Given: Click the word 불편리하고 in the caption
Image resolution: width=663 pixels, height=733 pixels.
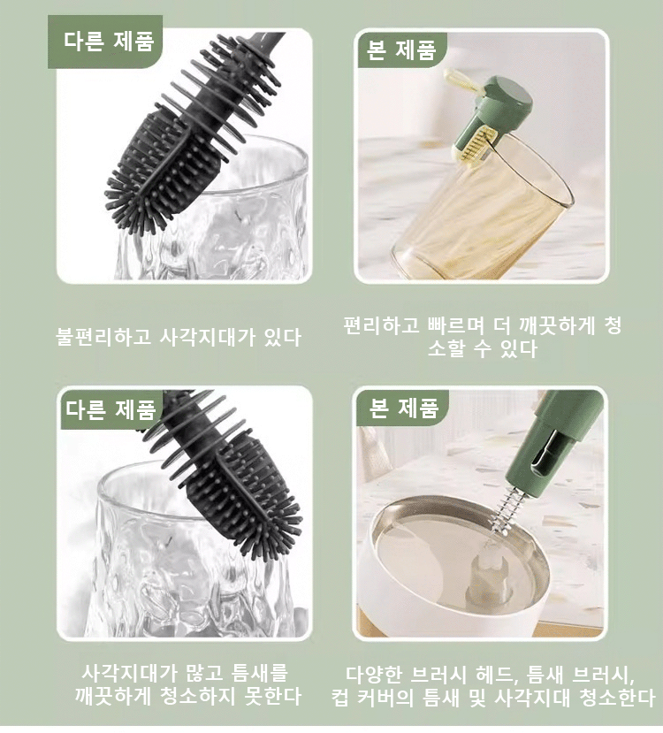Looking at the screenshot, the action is pyautogui.click(x=103, y=337).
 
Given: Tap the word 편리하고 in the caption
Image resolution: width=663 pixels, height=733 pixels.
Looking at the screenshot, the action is pyautogui.click(x=382, y=326).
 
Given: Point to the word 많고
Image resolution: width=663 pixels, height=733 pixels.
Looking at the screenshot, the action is pyautogui.click(x=204, y=673).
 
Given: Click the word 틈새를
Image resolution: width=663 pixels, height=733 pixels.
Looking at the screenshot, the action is pyautogui.click(x=259, y=673).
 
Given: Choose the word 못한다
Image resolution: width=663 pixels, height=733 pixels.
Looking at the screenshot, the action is pyautogui.click(x=273, y=697).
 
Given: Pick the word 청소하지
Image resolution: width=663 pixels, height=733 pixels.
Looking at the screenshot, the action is pyautogui.click(x=198, y=697).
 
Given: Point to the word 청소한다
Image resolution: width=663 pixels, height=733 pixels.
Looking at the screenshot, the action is pyautogui.click(x=617, y=698).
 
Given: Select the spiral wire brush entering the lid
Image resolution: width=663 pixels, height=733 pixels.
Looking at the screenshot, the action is pyautogui.click(x=507, y=512).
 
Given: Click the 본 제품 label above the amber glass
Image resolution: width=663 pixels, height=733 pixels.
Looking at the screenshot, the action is pyautogui.click(x=401, y=50).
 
